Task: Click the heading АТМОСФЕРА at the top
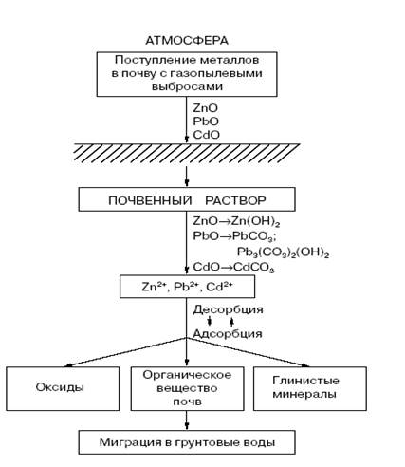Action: [187, 41]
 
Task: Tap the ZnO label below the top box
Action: [206, 108]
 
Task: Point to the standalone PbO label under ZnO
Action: [206, 121]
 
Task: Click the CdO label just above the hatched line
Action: [206, 135]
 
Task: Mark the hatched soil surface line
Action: [187, 153]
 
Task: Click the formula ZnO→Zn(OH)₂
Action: [236, 221]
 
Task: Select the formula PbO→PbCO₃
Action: [235, 236]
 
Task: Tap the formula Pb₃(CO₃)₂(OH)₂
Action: [284, 252]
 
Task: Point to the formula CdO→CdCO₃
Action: [233, 268]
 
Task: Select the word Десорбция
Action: [228, 309]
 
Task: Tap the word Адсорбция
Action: [228, 334]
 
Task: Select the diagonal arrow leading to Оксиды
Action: [125, 352]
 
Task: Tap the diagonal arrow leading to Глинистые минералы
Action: [249, 352]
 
